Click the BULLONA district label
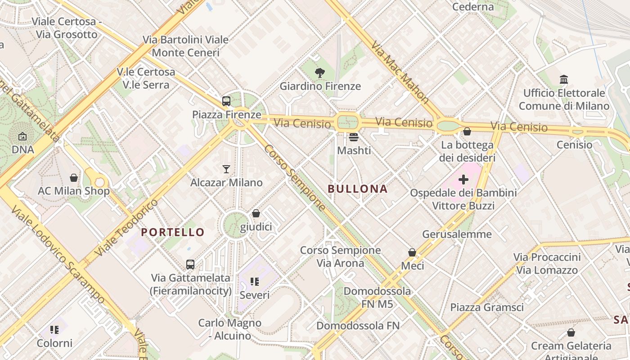click(358, 189)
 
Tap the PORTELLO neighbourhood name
click(173, 232)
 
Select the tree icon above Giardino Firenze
click(320, 72)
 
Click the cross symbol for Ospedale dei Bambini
click(463, 180)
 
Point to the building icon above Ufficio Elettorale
click(564, 80)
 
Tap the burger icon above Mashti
click(354, 137)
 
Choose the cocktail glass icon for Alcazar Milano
click(226, 169)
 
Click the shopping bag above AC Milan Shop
click(74, 178)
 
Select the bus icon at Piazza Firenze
click(226, 101)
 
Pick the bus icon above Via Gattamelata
click(190, 265)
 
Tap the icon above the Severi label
click(255, 282)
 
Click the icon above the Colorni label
click(54, 330)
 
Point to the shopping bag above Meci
click(412, 252)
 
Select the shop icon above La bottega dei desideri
click(467, 131)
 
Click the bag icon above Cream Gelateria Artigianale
click(571, 333)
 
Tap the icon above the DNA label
click(22, 136)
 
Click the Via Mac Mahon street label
click(399, 72)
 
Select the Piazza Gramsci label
click(487, 307)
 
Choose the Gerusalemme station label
click(457, 234)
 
